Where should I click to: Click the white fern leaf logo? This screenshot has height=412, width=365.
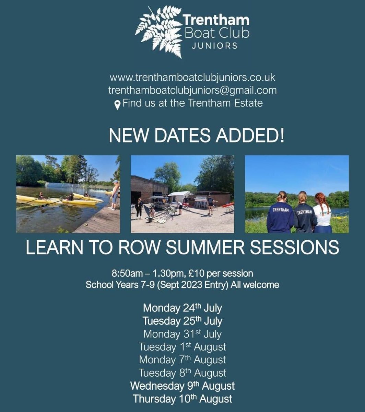(x=158, y=32)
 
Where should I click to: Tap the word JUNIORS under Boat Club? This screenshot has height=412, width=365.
(x=215, y=46)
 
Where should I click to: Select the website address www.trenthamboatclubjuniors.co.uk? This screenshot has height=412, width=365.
(x=192, y=77)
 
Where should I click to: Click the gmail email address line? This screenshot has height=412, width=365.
(x=192, y=90)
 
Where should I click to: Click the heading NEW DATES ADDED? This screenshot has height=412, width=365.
(x=197, y=136)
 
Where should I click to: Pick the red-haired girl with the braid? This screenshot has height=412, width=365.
(x=322, y=213)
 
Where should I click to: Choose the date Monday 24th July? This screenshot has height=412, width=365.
(x=182, y=308)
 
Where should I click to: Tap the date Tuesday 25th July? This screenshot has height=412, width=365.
(x=182, y=321)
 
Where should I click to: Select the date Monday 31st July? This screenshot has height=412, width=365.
(x=182, y=334)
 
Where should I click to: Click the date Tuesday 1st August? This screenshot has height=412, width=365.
(x=182, y=347)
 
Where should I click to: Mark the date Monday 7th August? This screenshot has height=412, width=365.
(x=182, y=360)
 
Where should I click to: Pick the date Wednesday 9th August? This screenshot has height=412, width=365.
(x=182, y=386)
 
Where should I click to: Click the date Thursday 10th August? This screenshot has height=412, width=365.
(x=182, y=399)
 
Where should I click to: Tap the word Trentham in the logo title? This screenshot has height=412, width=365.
(x=216, y=21)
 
